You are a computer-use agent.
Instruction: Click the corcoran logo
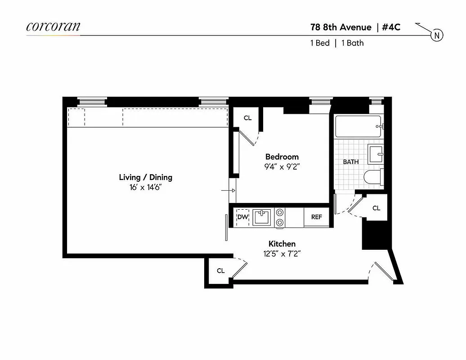click(x=53, y=26)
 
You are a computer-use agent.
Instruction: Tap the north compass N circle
click(x=437, y=35)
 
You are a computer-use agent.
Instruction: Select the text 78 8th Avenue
click(x=341, y=27)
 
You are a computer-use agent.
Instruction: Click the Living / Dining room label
click(x=145, y=177)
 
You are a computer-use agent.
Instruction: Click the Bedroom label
click(x=282, y=157)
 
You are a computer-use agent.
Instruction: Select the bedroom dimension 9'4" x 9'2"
click(x=282, y=166)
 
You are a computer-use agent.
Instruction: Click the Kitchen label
click(x=282, y=244)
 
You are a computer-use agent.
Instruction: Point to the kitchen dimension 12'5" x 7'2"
click(x=282, y=253)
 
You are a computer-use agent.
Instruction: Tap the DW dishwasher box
click(x=242, y=217)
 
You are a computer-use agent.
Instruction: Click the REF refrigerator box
click(x=316, y=217)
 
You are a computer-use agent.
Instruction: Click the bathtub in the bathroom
click(x=358, y=126)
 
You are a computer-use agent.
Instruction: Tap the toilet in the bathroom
click(x=373, y=177)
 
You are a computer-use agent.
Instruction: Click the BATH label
click(x=351, y=162)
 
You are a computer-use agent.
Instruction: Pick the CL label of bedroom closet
click(x=247, y=118)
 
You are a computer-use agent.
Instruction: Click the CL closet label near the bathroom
click(x=376, y=208)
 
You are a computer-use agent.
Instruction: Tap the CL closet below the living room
click(x=220, y=270)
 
